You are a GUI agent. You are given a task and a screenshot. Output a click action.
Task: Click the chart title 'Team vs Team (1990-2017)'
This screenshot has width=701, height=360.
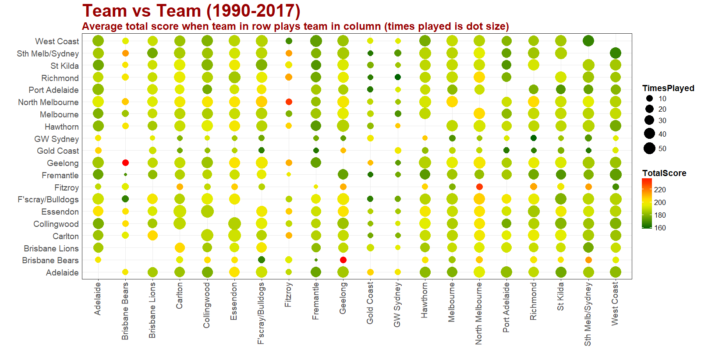pos(191,11)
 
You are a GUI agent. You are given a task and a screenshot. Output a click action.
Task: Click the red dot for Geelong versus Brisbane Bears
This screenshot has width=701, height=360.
pos(125,162)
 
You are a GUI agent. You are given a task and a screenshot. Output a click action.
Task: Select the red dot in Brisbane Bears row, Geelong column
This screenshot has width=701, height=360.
pos(343,260)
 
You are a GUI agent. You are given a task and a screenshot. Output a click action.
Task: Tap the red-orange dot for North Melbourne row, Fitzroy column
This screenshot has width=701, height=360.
pos(289,102)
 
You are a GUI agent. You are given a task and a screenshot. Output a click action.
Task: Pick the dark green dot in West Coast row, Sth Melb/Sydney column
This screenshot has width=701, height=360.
pos(588,41)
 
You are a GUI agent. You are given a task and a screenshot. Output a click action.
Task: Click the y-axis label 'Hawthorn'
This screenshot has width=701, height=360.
pos(61,127)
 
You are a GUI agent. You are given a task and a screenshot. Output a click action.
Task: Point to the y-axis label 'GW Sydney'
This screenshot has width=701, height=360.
pos(57,139)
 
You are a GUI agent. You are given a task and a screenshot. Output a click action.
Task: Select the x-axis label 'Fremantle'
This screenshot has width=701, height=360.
pos(315,301)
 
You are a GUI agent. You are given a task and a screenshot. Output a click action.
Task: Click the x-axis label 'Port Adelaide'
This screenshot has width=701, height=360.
pos(506,307)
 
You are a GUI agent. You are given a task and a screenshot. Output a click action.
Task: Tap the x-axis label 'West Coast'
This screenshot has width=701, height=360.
pos(615,304)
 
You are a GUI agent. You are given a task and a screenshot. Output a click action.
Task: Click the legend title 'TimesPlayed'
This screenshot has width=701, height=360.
pos(668,88)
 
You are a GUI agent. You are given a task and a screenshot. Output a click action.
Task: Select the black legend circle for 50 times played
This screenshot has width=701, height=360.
pos(649,148)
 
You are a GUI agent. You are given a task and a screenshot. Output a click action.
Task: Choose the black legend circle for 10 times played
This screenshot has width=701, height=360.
pos(649,99)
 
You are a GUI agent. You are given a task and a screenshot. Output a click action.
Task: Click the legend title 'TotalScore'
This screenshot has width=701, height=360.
pos(664,173)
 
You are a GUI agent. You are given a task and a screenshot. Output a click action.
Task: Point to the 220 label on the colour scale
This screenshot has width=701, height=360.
pos(659,190)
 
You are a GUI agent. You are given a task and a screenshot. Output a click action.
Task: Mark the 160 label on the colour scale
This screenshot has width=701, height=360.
pos(660,228)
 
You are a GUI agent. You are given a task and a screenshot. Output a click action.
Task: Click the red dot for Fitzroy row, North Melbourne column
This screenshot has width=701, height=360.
pos(479,187)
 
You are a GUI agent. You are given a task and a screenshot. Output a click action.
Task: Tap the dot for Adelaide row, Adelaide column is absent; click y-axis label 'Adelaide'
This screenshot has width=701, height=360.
pos(62,272)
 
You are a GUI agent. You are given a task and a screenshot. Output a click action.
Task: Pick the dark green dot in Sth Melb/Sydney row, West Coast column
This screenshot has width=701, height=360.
pos(615,53)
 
